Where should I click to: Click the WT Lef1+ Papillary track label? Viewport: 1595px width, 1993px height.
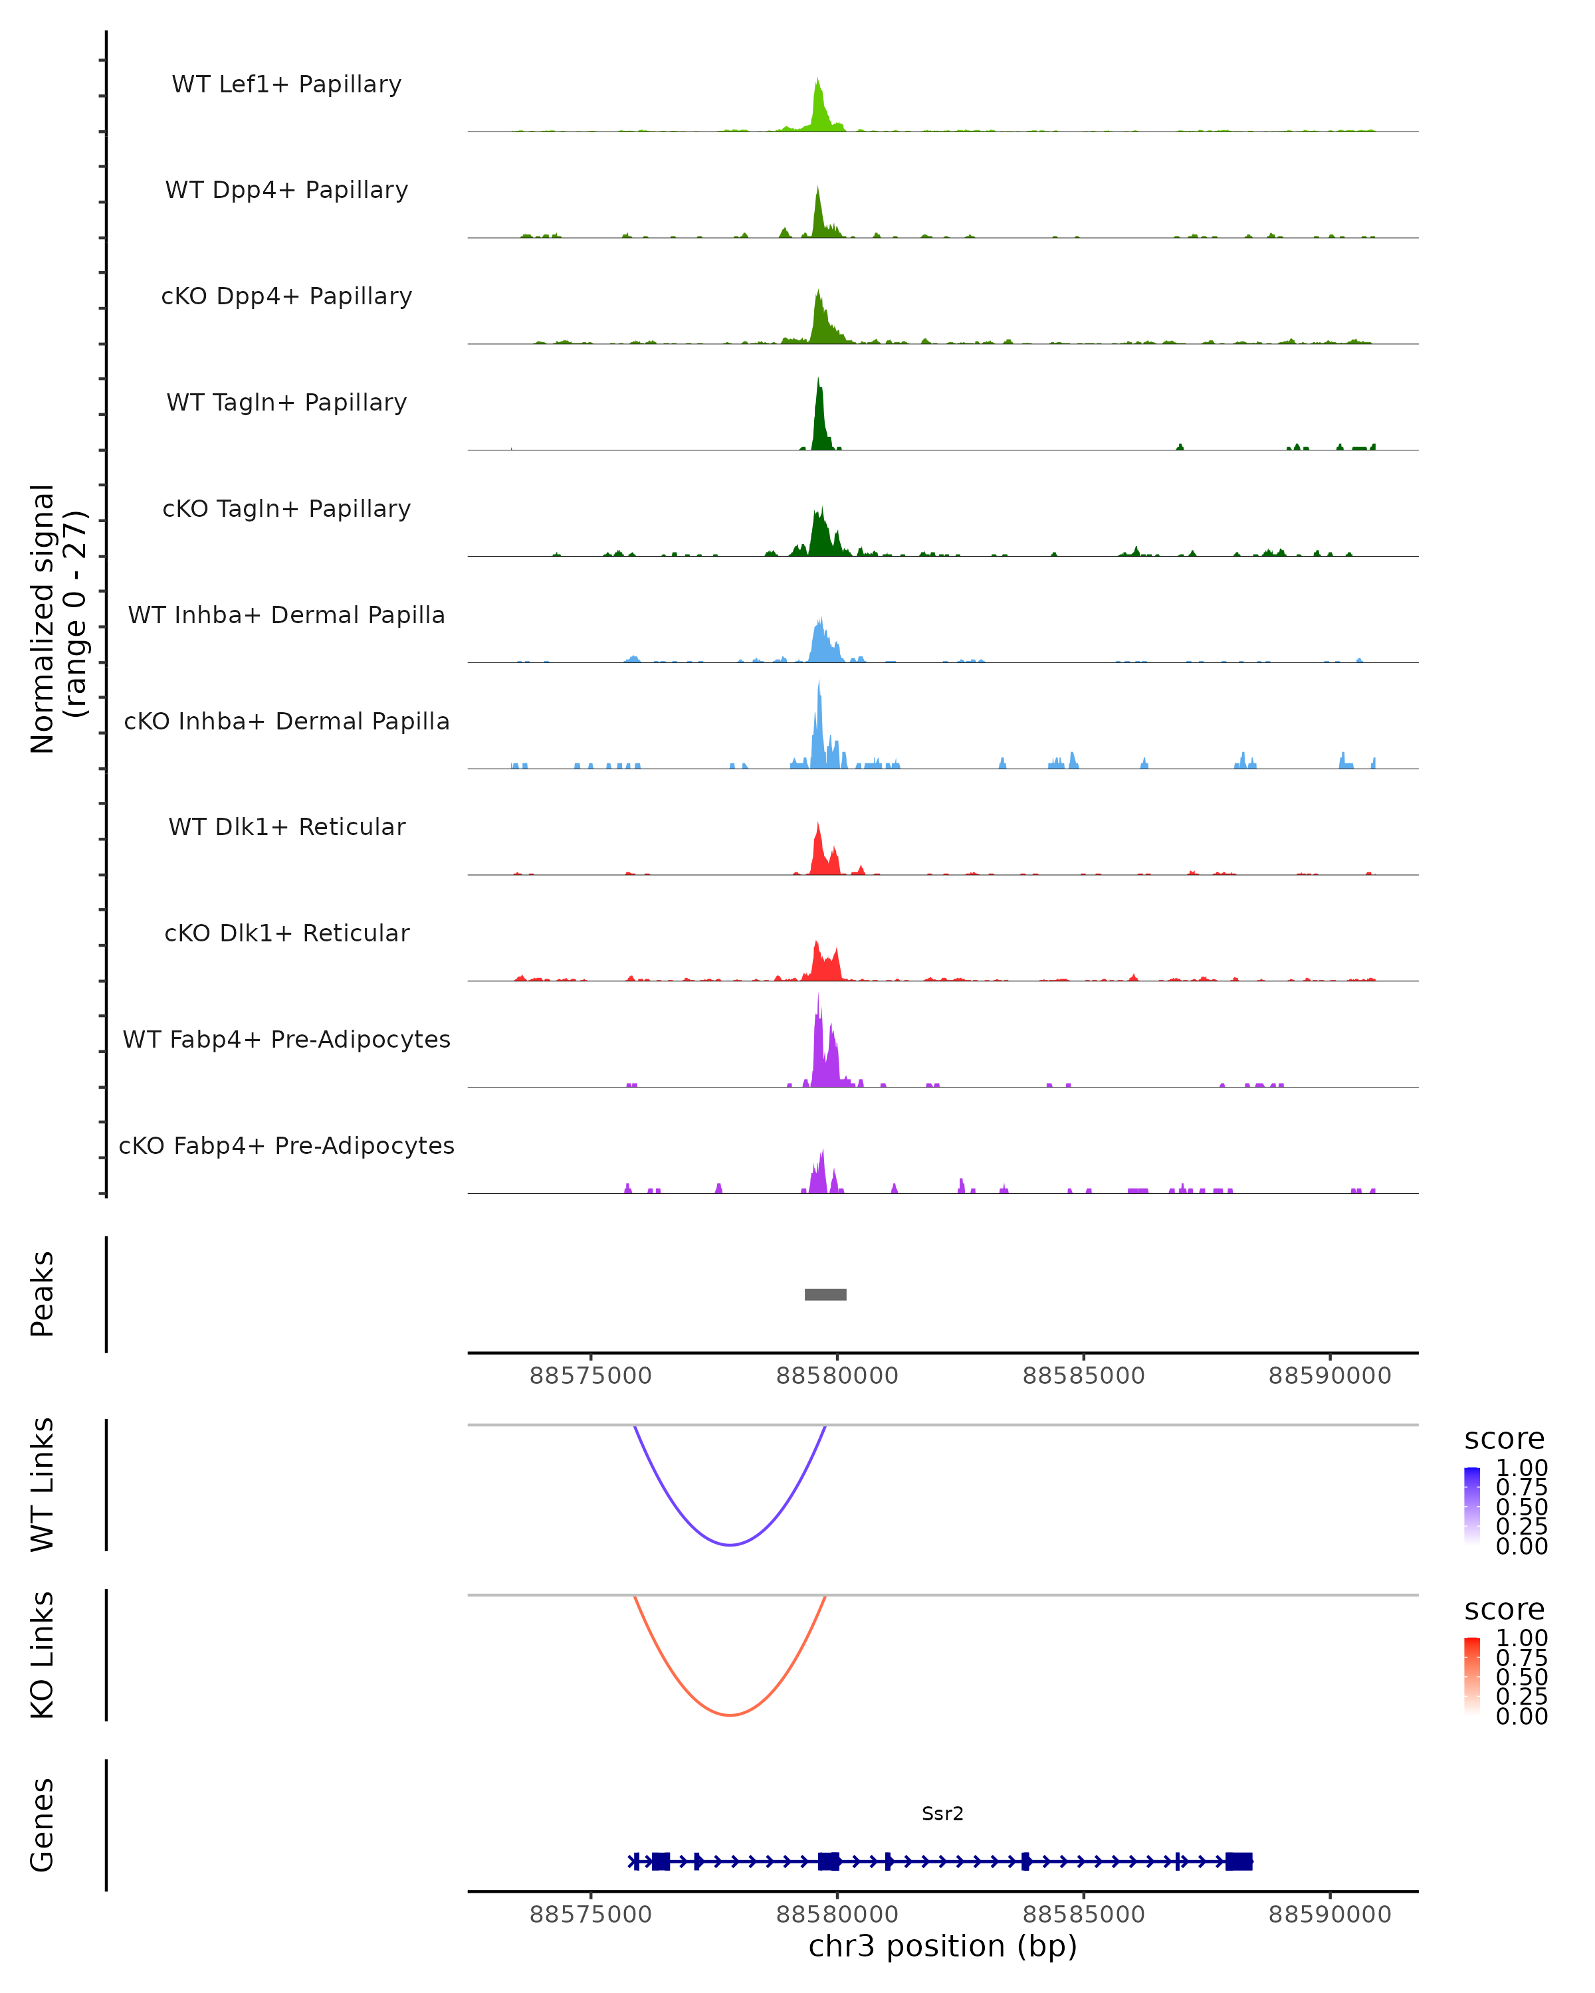coord(286,84)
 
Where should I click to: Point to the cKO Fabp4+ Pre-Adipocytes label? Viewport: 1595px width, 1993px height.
coord(286,1145)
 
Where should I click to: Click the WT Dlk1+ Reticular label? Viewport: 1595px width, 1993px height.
coord(286,826)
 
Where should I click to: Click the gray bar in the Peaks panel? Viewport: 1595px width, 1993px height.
coord(825,1294)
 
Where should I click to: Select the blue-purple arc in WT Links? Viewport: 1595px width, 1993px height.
coord(730,1545)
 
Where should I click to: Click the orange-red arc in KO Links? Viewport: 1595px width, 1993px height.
coord(730,1715)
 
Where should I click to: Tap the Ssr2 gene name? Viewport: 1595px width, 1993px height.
coord(942,1814)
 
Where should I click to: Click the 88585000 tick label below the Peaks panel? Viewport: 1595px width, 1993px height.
coord(1084,1376)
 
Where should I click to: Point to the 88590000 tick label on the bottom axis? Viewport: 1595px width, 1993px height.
coord(1330,1915)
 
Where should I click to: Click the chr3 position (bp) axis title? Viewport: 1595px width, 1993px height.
coord(942,1946)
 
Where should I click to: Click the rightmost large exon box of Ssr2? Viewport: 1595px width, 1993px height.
coord(1238,1861)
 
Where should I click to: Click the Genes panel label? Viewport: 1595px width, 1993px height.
coord(43,1825)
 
